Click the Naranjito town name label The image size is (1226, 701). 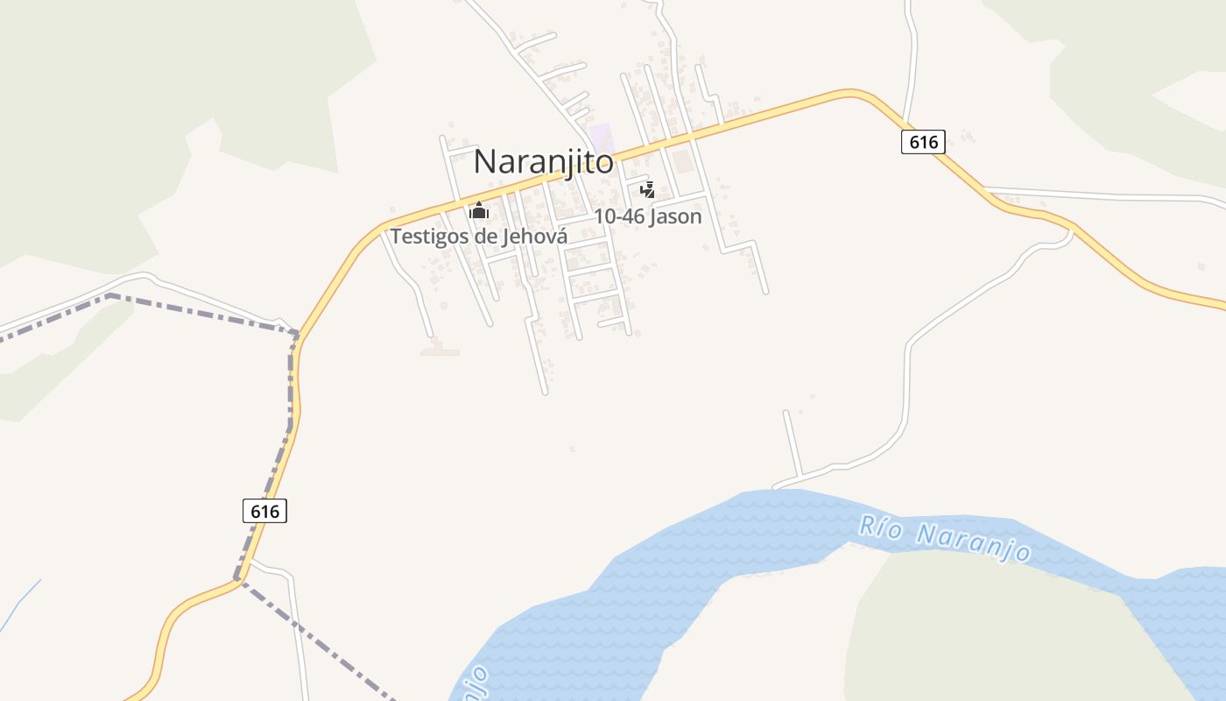(x=543, y=161)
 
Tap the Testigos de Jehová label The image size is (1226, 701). (x=478, y=237)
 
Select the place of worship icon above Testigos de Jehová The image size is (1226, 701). (x=478, y=211)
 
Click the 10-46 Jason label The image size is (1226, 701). (x=647, y=216)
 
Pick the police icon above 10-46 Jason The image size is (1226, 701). (x=647, y=189)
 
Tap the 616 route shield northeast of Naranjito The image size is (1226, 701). (x=923, y=142)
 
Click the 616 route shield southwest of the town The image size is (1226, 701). (x=264, y=511)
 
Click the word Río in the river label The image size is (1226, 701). (x=879, y=527)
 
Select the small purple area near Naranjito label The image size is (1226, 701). (x=601, y=137)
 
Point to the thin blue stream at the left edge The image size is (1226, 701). (x=19, y=605)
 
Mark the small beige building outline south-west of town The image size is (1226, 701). (x=439, y=350)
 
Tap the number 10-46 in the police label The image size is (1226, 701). (x=620, y=216)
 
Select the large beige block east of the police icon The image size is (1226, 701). (x=681, y=161)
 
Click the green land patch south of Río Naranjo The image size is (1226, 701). (x=990, y=631)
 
